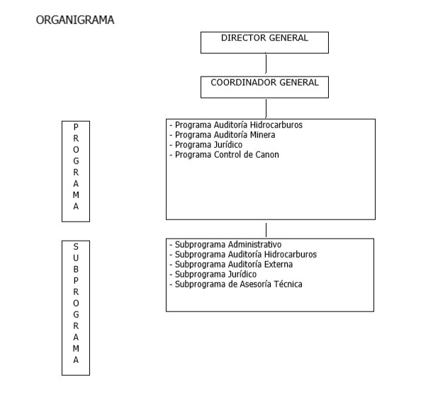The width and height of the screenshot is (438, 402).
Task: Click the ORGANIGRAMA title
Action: [x=75, y=20]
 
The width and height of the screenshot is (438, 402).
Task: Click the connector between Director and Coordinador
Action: [x=266, y=63]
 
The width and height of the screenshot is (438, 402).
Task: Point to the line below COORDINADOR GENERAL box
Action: [x=266, y=108]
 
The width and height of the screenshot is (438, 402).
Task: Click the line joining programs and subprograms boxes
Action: [x=266, y=230]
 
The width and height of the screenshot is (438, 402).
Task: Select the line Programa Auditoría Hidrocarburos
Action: [x=236, y=125]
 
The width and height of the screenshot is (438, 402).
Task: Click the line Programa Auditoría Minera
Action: [x=223, y=135]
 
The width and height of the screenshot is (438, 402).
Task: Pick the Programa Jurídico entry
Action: [x=206, y=145]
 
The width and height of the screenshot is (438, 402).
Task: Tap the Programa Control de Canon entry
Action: [x=224, y=155]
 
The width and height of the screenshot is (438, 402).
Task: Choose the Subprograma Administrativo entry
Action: [x=225, y=245]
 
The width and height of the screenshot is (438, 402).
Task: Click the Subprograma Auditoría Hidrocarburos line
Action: [x=243, y=255]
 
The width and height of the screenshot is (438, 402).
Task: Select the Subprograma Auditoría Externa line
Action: [x=231, y=265]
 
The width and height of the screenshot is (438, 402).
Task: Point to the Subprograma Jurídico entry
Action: [x=213, y=275]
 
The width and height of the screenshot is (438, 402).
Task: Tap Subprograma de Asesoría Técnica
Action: [x=236, y=285]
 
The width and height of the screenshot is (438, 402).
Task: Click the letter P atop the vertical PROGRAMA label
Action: [x=76, y=127]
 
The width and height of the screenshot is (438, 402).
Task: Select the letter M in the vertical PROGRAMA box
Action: [x=76, y=195]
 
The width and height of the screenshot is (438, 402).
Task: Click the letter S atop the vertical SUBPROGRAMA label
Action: [x=76, y=246]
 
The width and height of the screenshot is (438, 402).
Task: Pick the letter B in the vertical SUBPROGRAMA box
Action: [x=76, y=269]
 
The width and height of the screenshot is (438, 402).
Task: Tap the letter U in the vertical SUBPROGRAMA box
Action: [x=76, y=258]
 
